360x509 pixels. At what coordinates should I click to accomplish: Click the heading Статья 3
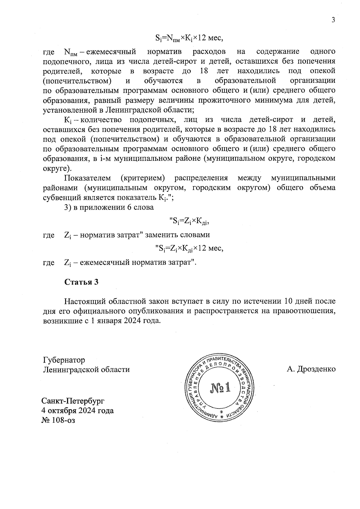coord(81,282)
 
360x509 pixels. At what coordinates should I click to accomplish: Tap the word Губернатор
coord(64,360)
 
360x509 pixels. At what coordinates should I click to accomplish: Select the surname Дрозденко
coord(316,369)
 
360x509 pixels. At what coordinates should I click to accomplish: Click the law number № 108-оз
coord(58,420)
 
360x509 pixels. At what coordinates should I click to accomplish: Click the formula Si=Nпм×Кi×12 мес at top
coord(189,38)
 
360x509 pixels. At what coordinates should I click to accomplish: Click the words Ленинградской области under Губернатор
coord(86,370)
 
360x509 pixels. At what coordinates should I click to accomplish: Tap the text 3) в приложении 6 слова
coord(109,207)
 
